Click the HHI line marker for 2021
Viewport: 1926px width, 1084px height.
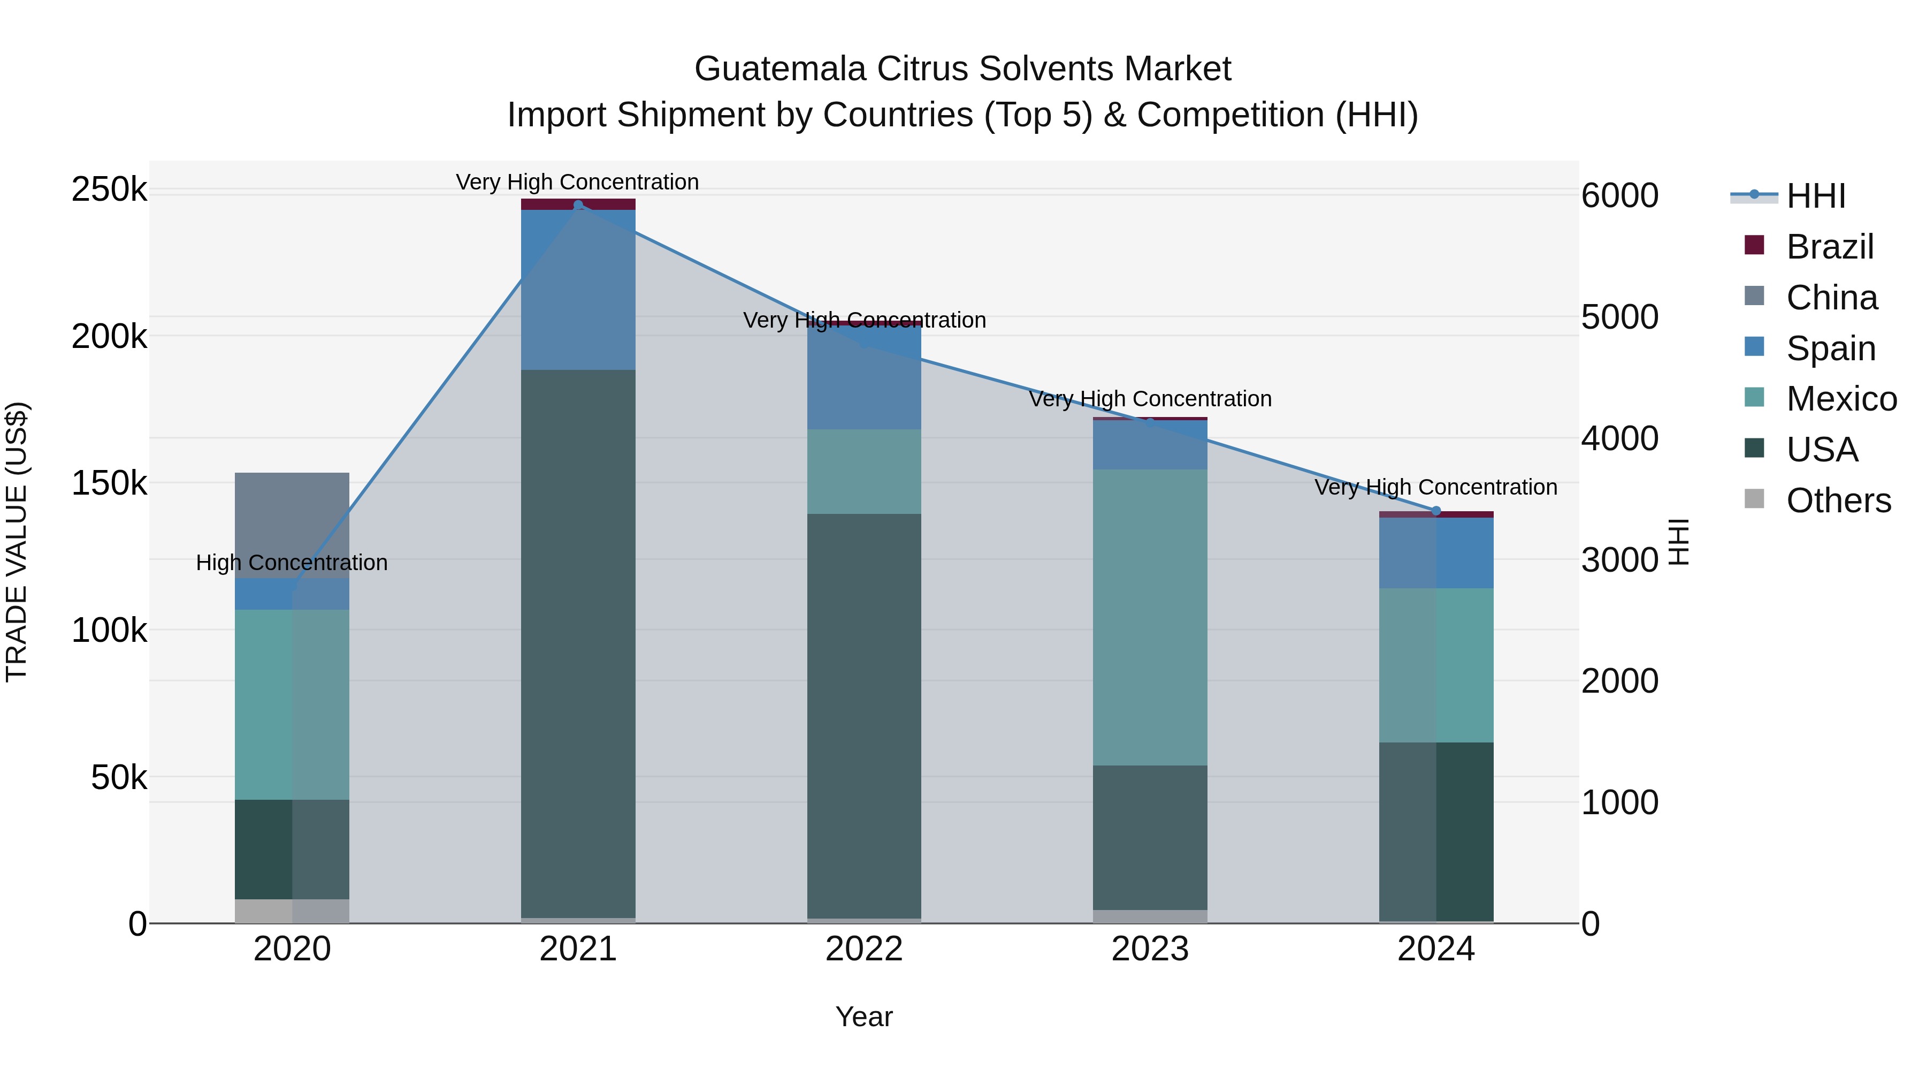[x=578, y=205]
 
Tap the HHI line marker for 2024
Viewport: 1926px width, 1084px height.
[x=1435, y=511]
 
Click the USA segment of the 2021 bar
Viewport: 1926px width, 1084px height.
[x=578, y=643]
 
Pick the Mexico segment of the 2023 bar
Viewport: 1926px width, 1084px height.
[x=1150, y=617]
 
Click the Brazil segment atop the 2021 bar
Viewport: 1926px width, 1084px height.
[x=578, y=204]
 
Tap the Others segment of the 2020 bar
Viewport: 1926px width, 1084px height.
[x=292, y=911]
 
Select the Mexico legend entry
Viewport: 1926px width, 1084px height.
[x=1841, y=399]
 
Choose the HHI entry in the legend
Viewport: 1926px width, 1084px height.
[x=1815, y=196]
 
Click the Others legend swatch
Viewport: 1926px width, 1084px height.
[x=1754, y=499]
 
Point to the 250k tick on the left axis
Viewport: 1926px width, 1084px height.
[x=109, y=189]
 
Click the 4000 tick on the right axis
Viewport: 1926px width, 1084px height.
[x=1619, y=438]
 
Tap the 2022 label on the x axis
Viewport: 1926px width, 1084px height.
[x=865, y=949]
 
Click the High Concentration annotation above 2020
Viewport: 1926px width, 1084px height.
[x=292, y=563]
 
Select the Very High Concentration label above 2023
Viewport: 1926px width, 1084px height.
[x=1150, y=399]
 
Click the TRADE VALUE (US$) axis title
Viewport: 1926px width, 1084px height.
[x=17, y=542]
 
